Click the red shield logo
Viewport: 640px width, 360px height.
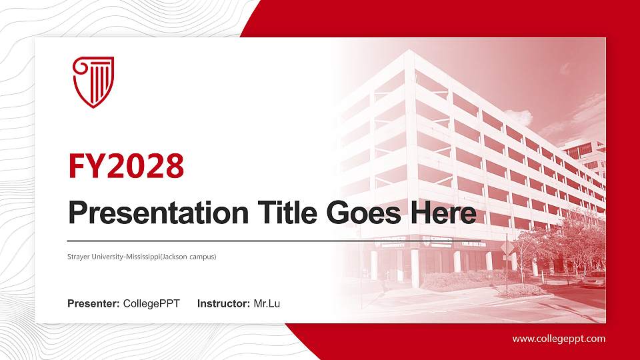click(x=93, y=81)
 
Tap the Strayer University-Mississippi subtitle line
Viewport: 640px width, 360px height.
click(x=142, y=256)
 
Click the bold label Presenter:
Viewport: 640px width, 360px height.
click(x=93, y=304)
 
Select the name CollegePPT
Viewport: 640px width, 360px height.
click(x=151, y=304)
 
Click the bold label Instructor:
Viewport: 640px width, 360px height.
click(x=224, y=304)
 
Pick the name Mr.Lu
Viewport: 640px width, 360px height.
click(x=267, y=304)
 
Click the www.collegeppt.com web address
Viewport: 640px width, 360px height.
click(x=559, y=339)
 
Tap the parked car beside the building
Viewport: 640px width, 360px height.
click(x=593, y=279)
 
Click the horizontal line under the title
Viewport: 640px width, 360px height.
click(x=273, y=240)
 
